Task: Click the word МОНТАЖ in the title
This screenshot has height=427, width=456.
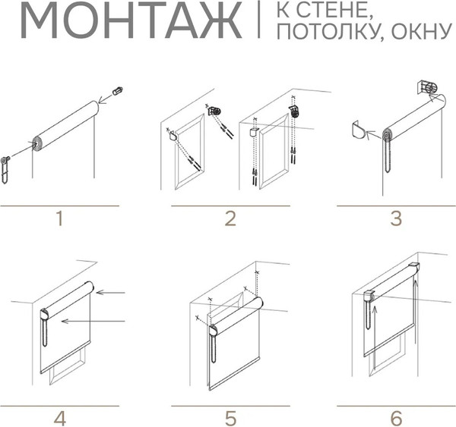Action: pyautogui.click(x=131, y=20)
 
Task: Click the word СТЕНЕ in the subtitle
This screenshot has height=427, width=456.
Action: pyautogui.click(x=335, y=11)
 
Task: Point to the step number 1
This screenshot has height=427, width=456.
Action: pyautogui.click(x=59, y=218)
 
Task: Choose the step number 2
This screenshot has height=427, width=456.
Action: pyautogui.click(x=230, y=218)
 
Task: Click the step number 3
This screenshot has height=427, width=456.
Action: pyautogui.click(x=396, y=218)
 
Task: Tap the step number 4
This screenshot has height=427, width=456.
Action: pyautogui.click(x=59, y=419)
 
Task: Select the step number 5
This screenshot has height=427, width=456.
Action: pyautogui.click(x=230, y=419)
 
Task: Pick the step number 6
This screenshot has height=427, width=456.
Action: pyautogui.click(x=396, y=419)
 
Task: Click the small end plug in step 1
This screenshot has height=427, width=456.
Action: pyautogui.click(x=118, y=91)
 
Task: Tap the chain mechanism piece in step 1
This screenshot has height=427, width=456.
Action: pyautogui.click(x=5, y=170)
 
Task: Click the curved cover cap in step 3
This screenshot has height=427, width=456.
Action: pyautogui.click(x=357, y=130)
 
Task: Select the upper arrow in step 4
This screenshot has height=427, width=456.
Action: pyautogui.click(x=110, y=292)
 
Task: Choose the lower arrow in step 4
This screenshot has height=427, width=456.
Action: pyautogui.click(x=93, y=321)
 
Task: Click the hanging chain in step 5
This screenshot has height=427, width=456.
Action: pyautogui.click(x=214, y=347)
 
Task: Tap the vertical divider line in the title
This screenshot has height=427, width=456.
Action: pyautogui.click(x=259, y=19)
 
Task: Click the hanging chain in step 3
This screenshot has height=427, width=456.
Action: pyautogui.click(x=388, y=156)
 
